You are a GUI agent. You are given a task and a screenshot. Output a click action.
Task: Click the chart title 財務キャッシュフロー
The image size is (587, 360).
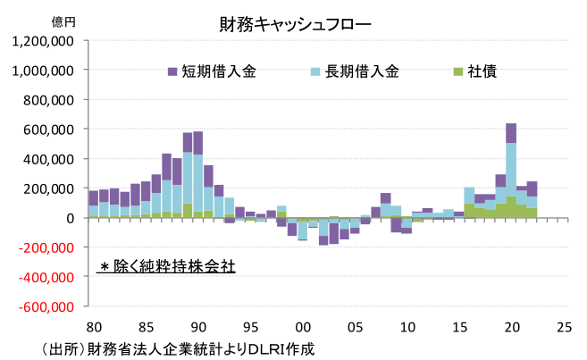(295, 24)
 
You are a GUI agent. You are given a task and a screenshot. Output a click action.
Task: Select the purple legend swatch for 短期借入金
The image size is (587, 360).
(172, 71)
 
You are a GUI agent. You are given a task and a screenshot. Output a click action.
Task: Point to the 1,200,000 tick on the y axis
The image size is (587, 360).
(43, 40)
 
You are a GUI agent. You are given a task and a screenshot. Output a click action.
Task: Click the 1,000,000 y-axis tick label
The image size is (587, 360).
(43, 70)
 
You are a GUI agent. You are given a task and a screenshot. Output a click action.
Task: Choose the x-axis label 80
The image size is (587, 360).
(94, 327)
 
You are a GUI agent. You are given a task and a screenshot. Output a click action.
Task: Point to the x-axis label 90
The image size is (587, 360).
(198, 327)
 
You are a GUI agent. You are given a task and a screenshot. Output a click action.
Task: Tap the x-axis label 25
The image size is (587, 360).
(564, 327)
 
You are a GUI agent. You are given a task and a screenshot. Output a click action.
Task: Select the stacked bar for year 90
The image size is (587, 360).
(197, 179)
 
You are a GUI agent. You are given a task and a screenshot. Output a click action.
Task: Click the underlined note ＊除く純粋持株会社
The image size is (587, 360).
(166, 266)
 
